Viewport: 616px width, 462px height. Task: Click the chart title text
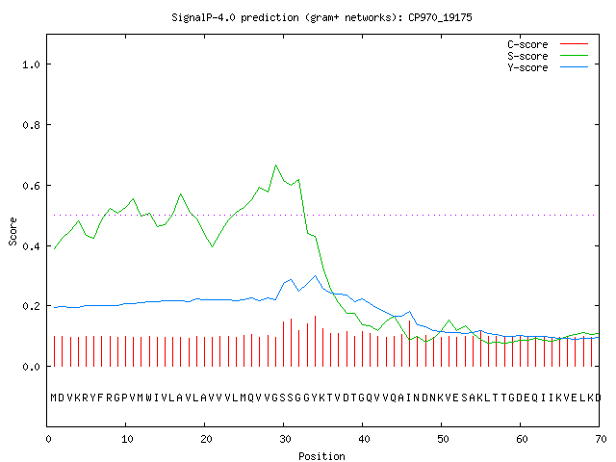pyautogui.click(x=321, y=17)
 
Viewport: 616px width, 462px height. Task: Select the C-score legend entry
pyautogui.click(x=548, y=44)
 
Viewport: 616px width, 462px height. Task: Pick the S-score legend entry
pyautogui.click(x=548, y=56)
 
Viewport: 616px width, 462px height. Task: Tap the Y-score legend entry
pyautogui.click(x=548, y=67)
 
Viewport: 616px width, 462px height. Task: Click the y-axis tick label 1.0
pyautogui.click(x=31, y=64)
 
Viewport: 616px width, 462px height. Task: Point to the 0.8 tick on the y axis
pyautogui.click(x=31, y=125)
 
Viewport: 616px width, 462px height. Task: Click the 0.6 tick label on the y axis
pyautogui.click(x=31, y=186)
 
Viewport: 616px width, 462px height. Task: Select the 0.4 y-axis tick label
pyautogui.click(x=31, y=246)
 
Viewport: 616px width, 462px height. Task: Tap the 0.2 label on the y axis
pyautogui.click(x=31, y=306)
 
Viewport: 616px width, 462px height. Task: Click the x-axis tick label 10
pyautogui.click(x=127, y=439)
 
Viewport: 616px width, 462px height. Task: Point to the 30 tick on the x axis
pyautogui.click(x=285, y=439)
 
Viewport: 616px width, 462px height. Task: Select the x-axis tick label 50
pyautogui.click(x=443, y=439)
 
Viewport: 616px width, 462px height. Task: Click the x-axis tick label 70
pyautogui.click(x=601, y=439)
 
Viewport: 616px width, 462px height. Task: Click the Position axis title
pyautogui.click(x=321, y=456)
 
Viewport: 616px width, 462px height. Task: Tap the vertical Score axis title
pyautogui.click(x=13, y=231)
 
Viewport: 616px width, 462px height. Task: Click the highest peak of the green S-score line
pyautogui.click(x=276, y=165)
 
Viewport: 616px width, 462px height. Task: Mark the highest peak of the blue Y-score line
pyautogui.click(x=315, y=276)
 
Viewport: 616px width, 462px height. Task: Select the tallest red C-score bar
pyautogui.click(x=315, y=341)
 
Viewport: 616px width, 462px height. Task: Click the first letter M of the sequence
pyautogui.click(x=54, y=398)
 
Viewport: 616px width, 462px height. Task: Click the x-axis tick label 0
pyautogui.click(x=48, y=439)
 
